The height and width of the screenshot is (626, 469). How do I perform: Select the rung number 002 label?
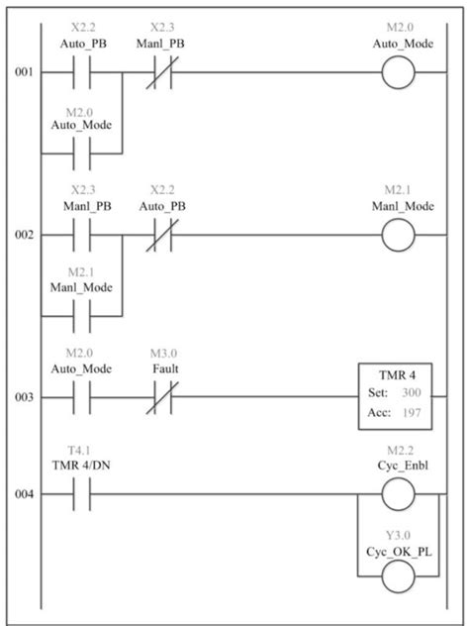[x=19, y=236]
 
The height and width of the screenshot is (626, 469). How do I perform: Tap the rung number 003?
[x=19, y=397]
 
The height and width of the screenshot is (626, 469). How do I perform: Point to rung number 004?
[x=19, y=492]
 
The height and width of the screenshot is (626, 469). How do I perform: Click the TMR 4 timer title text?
[x=394, y=374]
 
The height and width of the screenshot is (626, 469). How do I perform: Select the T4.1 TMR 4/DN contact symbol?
[x=81, y=492]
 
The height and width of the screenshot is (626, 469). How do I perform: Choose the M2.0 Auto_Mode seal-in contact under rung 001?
[x=81, y=154]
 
